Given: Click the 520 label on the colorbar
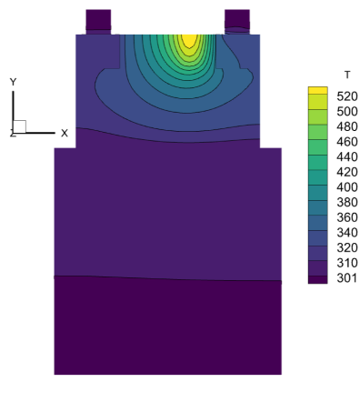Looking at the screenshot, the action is click(347, 96).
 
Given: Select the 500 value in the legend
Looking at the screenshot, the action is click(347, 112).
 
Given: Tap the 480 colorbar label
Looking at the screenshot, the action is click(347, 126).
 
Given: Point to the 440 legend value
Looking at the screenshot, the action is click(347, 157).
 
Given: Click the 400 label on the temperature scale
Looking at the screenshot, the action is click(347, 187).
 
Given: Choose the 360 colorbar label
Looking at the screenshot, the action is click(347, 217).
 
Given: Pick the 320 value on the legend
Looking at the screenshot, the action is click(347, 247).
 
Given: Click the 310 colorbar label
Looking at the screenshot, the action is click(347, 263).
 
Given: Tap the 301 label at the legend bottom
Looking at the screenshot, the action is click(347, 278).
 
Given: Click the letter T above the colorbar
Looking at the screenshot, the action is click(347, 75).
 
